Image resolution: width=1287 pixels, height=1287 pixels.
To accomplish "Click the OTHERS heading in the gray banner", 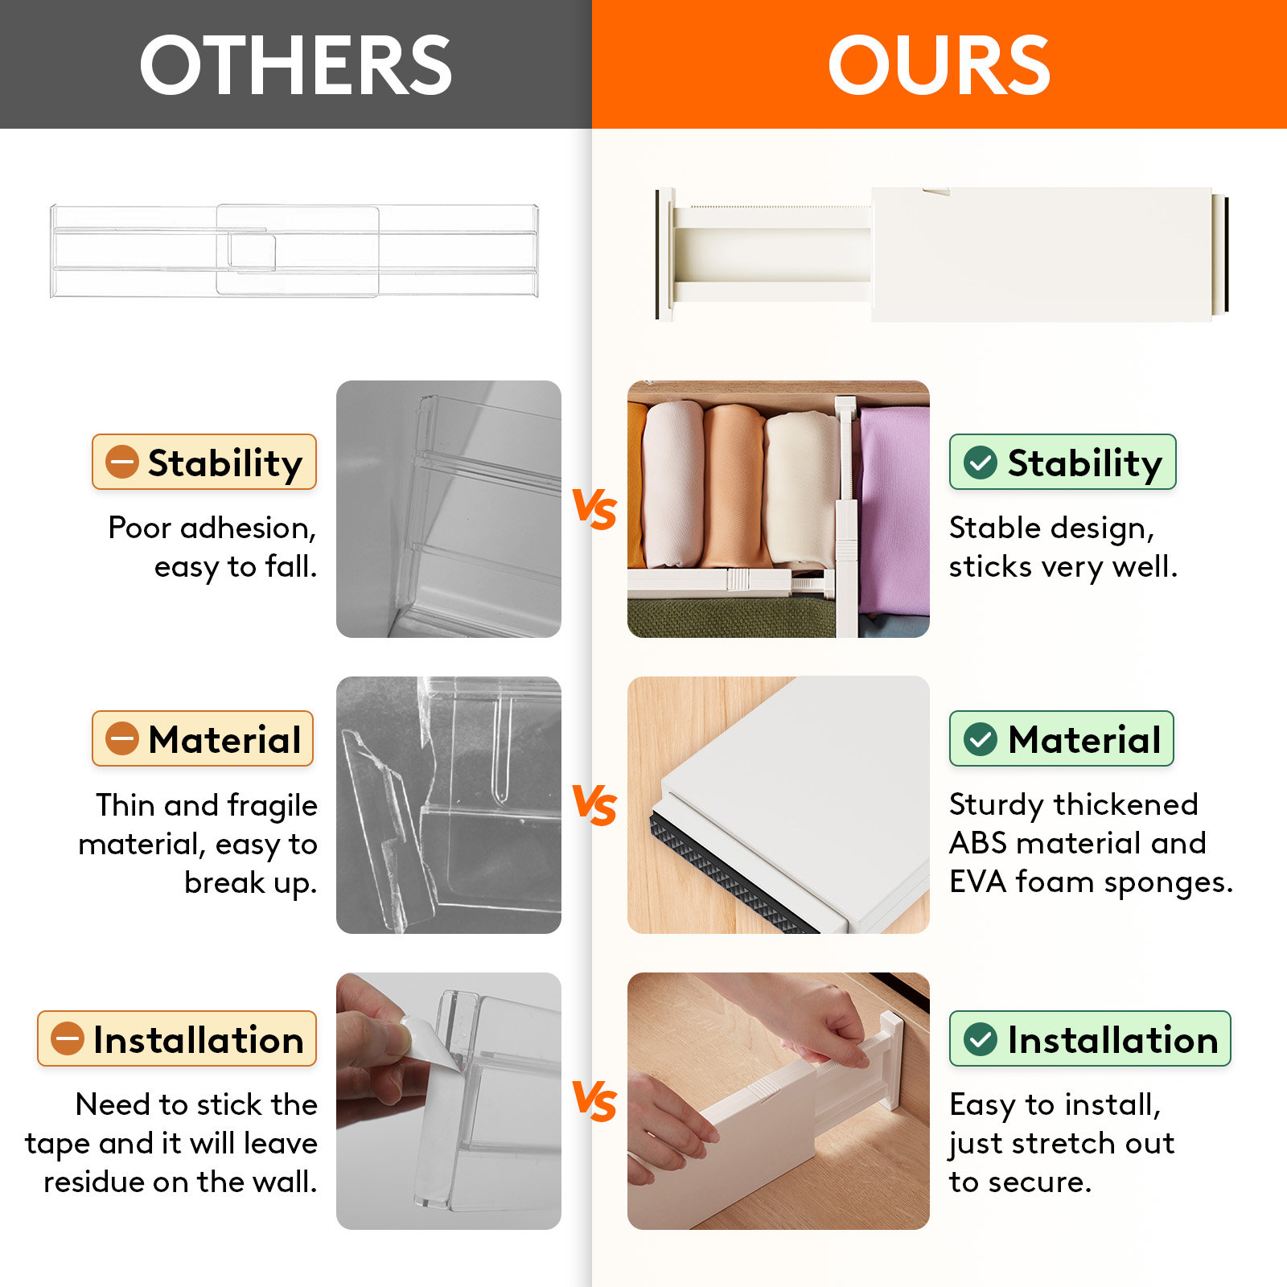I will [295, 64].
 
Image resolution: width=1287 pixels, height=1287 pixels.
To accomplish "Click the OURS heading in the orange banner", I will [939, 64].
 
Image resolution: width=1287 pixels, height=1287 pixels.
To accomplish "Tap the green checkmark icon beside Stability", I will [981, 463].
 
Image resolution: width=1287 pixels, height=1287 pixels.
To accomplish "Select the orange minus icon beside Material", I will [122, 738].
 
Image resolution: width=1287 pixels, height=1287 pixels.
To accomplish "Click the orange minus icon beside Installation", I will [68, 1038].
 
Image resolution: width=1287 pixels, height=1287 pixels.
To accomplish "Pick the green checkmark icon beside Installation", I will [981, 1039].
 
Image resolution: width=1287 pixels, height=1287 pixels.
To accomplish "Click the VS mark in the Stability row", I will [594, 509].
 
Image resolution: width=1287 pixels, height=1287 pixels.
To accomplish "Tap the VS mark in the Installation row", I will [594, 1101].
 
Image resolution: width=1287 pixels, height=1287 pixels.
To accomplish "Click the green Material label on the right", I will [1062, 738].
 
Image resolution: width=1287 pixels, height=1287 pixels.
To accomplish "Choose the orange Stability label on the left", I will [204, 463].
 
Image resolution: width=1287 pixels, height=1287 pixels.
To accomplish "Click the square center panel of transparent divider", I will [298, 250].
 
